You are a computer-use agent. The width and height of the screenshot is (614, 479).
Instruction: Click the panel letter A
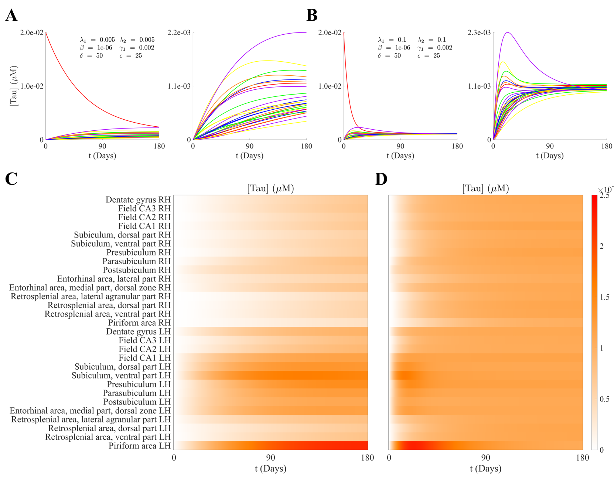11,16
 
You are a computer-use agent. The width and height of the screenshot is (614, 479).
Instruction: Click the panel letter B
312,16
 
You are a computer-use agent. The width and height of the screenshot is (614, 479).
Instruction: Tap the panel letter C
11,179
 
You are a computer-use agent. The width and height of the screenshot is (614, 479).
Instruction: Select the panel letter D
381,179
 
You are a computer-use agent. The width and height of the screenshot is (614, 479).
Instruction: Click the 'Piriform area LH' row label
139,446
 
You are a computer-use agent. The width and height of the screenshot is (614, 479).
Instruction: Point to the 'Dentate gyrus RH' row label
138,200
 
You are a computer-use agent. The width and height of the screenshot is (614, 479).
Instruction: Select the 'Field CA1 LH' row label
144,358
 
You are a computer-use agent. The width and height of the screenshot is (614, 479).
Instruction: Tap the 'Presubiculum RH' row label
139,253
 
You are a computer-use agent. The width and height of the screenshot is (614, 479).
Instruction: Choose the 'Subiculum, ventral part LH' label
121,376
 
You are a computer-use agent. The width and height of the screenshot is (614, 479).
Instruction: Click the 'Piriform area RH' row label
139,323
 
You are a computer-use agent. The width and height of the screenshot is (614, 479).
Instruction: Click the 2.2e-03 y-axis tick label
179,33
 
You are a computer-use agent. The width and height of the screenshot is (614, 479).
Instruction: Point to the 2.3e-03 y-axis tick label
479,33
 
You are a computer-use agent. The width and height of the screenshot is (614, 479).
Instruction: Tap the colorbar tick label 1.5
604,297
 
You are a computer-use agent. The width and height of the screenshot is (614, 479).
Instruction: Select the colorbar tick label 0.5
604,399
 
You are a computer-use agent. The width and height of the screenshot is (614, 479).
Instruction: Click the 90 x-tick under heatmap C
270,458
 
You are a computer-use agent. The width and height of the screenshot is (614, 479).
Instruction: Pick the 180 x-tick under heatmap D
582,458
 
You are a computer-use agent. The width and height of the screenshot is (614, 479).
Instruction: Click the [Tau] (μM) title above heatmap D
485,189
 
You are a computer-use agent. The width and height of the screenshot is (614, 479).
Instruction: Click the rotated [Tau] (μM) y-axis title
14,86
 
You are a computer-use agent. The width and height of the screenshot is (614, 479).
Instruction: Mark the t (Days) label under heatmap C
270,469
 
